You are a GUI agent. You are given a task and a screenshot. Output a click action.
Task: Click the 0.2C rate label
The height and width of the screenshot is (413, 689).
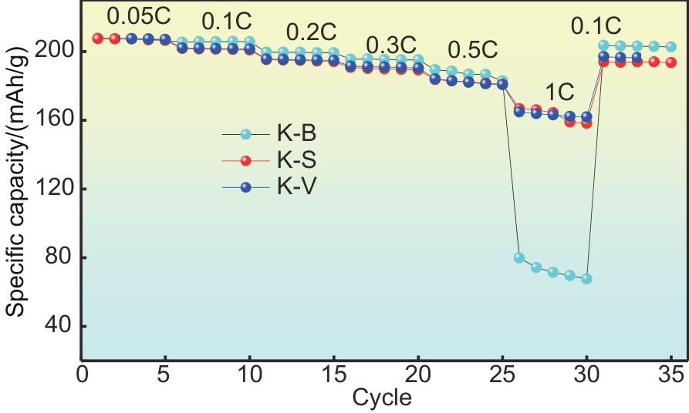(312, 32)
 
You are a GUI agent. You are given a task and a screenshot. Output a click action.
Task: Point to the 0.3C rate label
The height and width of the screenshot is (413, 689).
(391, 45)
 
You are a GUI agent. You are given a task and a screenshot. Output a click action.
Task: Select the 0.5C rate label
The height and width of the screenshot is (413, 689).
(472, 50)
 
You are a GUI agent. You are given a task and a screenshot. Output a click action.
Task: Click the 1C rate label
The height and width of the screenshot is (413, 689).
(559, 93)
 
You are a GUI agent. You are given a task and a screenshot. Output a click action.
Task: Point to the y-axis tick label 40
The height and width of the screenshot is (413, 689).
(60, 326)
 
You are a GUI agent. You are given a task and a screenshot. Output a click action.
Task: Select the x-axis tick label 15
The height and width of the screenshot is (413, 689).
(333, 377)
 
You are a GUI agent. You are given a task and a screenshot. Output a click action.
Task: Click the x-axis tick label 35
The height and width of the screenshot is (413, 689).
(670, 377)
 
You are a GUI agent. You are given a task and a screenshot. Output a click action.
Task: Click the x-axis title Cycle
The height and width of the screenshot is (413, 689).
(382, 398)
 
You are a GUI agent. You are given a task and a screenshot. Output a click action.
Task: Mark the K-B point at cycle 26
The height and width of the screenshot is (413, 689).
(519, 257)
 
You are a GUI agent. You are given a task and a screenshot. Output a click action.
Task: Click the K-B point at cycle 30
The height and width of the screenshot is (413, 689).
(586, 278)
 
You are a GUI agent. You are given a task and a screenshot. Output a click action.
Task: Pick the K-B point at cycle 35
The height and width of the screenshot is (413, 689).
(670, 47)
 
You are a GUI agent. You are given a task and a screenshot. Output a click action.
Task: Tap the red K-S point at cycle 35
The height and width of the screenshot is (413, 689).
(670, 62)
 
